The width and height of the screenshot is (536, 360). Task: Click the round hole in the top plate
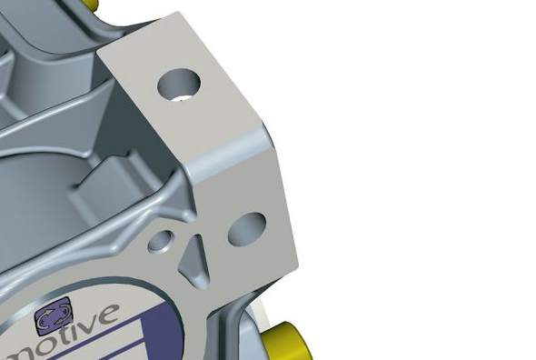179,85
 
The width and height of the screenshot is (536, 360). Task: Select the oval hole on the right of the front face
246,229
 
